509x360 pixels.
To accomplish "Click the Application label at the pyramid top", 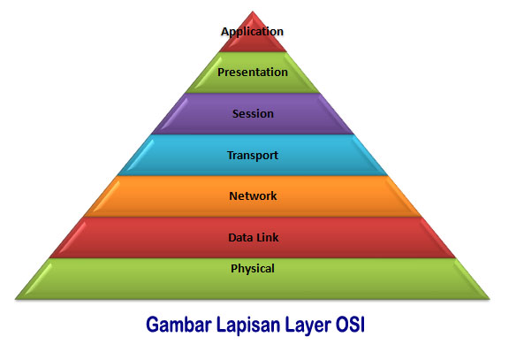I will (253, 32).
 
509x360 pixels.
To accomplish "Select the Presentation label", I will (253, 72).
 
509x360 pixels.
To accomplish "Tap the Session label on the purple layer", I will (253, 113).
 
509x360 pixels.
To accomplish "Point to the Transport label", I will (253, 155).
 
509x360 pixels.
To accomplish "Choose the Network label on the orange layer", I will (253, 195).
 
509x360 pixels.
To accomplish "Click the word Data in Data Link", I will (240, 237).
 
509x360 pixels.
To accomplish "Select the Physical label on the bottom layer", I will (253, 268).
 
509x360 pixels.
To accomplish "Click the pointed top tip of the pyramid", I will (254, 14).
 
